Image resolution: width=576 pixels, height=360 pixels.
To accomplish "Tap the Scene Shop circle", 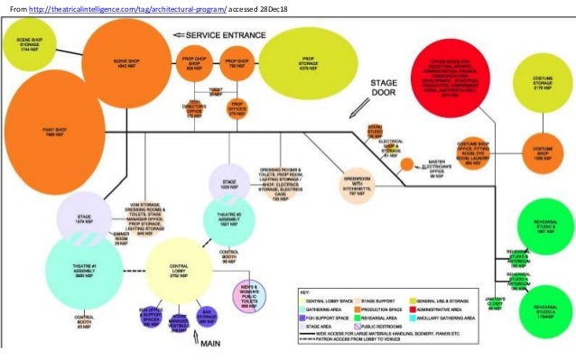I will tap(125, 70).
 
